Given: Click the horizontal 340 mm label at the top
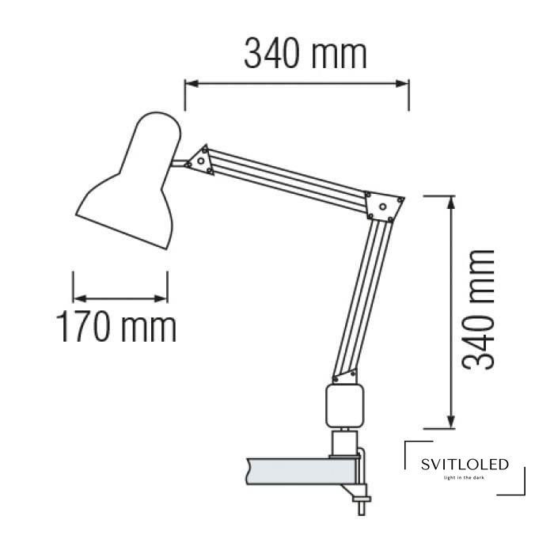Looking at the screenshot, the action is point(305,55).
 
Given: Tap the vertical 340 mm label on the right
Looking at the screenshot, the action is point(478,309).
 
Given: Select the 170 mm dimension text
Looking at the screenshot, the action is point(116,326).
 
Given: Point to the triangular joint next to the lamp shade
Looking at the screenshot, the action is point(201,161).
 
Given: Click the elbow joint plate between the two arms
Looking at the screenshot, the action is point(384,207).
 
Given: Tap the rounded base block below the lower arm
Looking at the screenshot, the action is point(344,406).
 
